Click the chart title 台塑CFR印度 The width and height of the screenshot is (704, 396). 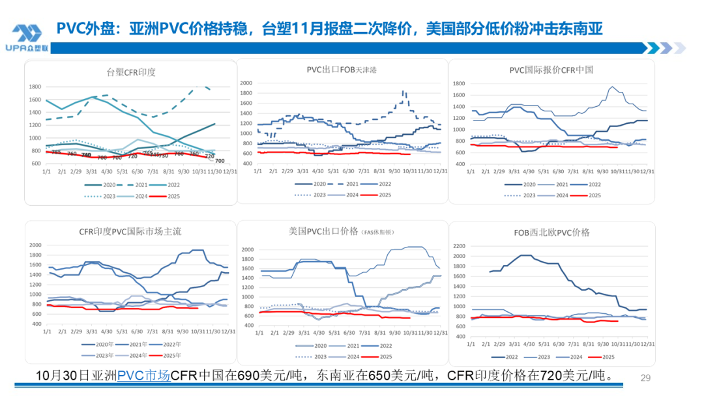pyautogui.click(x=131, y=72)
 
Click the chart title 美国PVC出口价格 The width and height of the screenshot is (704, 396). pyautogui.click(x=323, y=231)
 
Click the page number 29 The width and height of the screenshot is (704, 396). pyautogui.click(x=647, y=378)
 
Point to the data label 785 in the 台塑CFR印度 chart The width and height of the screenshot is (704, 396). pyautogui.click(x=56, y=152)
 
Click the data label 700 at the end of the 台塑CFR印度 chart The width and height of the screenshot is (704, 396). pyautogui.click(x=220, y=161)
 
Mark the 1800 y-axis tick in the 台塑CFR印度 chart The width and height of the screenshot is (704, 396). pyautogui.click(x=35, y=87)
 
